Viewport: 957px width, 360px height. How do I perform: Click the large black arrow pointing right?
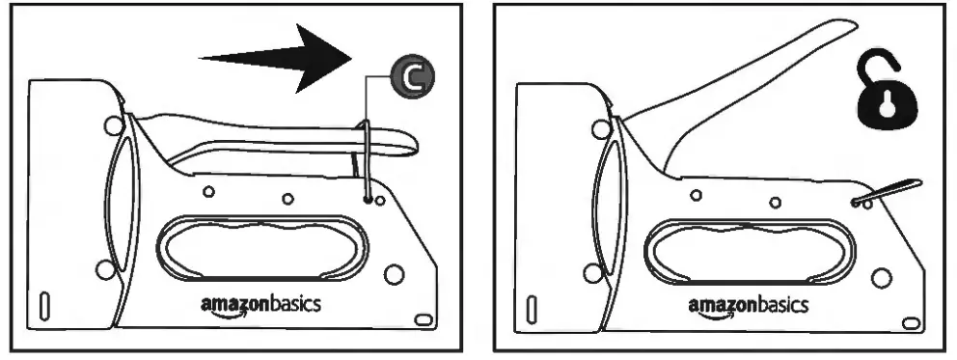tap(280, 57)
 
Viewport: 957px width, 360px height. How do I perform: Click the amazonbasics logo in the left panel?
tap(260, 304)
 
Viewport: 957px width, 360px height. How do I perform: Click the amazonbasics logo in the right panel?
tap(749, 304)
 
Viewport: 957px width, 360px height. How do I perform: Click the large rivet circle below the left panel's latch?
tap(393, 274)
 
